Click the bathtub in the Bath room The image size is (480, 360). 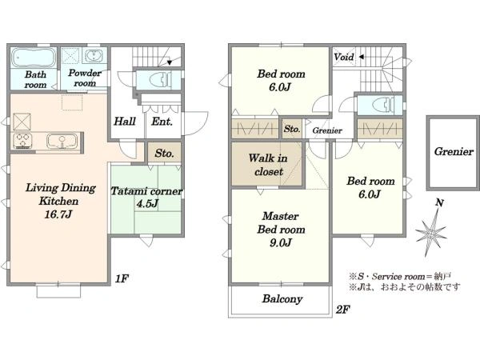pos(34,58)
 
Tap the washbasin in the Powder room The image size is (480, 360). pos(94,56)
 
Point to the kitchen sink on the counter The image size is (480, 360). pos(62,141)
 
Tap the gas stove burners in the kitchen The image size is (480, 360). pos(22,141)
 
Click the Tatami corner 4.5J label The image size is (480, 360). pos(146,197)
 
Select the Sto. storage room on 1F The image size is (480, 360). pos(164,153)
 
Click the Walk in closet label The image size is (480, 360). pos(268,165)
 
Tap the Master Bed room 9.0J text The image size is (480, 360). pos(281,230)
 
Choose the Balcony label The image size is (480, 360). pos(282,298)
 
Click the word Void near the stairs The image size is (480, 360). pos(344,57)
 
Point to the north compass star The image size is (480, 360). pos(432,233)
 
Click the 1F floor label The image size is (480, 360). pos(122,278)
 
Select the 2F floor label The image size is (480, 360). pos(342,310)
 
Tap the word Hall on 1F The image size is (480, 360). pos(125,122)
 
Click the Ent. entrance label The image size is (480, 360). pos(162,122)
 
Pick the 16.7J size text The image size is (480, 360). pos(58,214)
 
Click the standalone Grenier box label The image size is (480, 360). pos(454,152)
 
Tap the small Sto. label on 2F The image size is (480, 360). pos(292,129)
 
